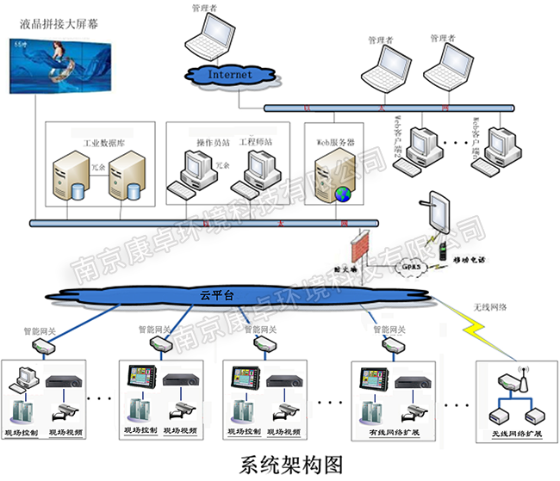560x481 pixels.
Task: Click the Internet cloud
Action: [231, 74]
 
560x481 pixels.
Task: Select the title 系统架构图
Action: [280, 464]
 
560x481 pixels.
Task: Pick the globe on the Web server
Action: [343, 194]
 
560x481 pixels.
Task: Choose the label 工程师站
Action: [257, 140]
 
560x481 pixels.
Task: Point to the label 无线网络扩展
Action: [516, 432]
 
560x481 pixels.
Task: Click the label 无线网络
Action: [490, 306]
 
